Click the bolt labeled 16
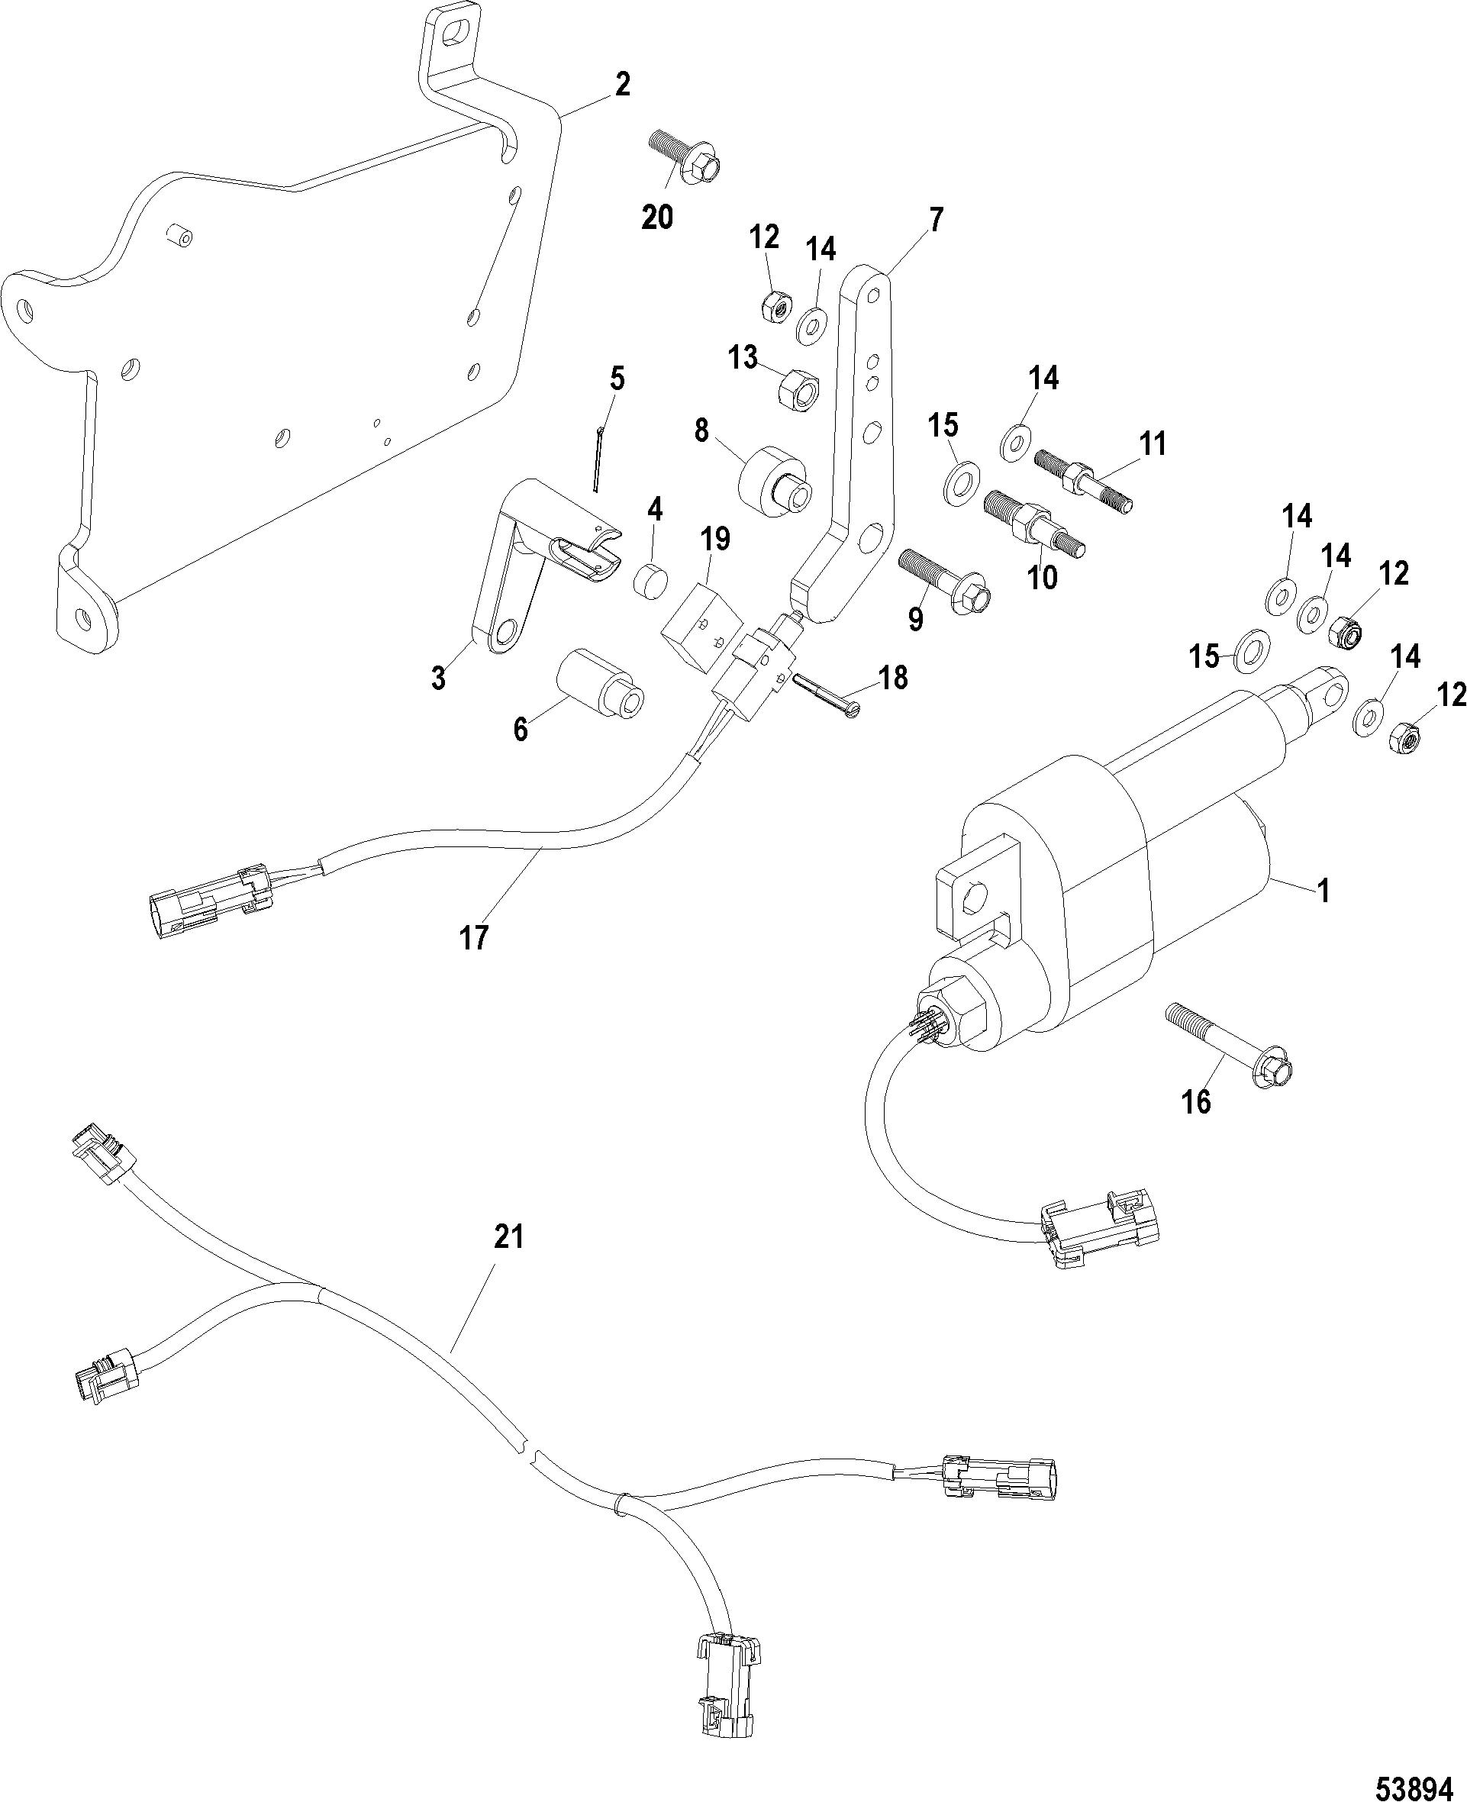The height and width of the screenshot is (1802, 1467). pyautogui.click(x=1231, y=1045)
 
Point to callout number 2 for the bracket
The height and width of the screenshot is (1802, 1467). pyautogui.click(x=622, y=85)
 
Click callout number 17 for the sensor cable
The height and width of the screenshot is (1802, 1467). pyautogui.click(x=474, y=938)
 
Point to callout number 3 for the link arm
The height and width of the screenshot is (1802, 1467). pyautogui.click(x=439, y=679)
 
